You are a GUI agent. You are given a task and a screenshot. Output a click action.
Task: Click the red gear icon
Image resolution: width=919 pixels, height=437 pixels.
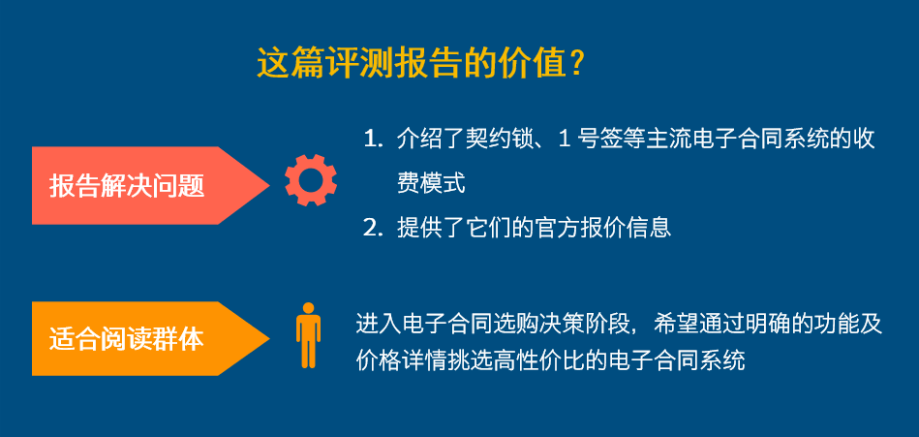pyautogui.click(x=311, y=180)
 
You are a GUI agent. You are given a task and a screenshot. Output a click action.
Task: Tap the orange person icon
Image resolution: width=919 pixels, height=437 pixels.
pyautogui.click(x=308, y=335)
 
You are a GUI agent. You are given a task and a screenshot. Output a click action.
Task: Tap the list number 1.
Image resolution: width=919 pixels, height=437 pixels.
pyautogui.click(x=369, y=140)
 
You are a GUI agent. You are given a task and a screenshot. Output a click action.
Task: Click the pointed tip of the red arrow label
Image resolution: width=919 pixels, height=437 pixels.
pyautogui.click(x=269, y=185)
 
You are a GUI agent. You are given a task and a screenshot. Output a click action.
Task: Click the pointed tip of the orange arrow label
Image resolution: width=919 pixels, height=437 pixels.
pyautogui.click(x=269, y=338)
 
